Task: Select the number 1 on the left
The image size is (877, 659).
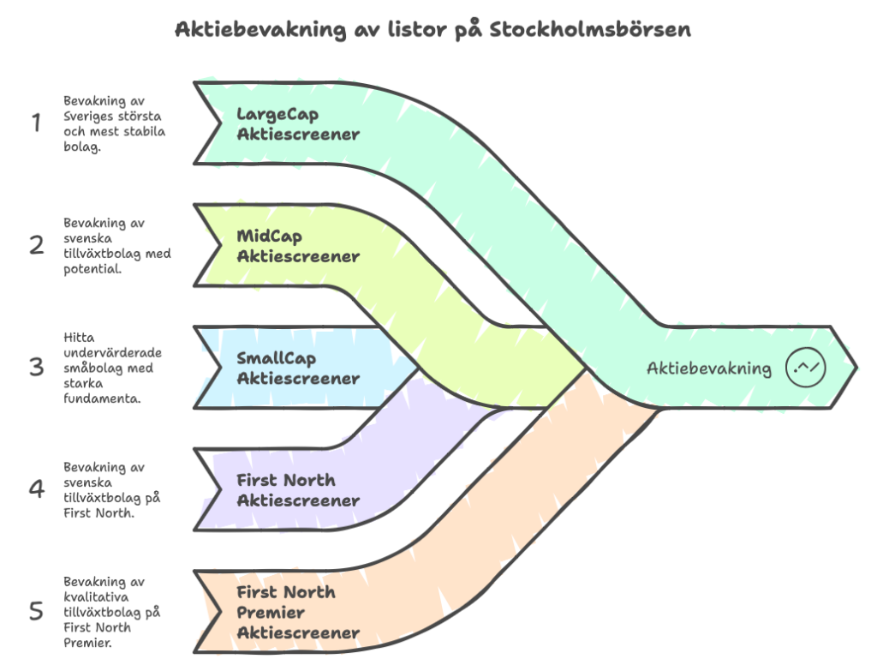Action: click(x=36, y=123)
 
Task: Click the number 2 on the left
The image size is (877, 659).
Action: click(x=36, y=246)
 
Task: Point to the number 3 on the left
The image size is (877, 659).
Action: click(x=36, y=368)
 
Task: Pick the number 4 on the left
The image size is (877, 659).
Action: click(x=36, y=489)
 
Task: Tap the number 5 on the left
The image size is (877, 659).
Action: click(x=36, y=611)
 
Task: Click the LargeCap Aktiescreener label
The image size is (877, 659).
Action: click(x=297, y=124)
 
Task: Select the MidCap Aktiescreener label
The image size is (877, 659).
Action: click(x=297, y=246)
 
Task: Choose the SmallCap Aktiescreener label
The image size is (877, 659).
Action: click(x=297, y=368)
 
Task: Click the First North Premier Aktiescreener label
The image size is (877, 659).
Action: click(x=297, y=612)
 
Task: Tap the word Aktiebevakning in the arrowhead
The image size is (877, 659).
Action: click(x=708, y=368)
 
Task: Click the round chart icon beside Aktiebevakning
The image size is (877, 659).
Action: click(x=805, y=368)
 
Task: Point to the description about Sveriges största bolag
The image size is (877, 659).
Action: click(x=115, y=122)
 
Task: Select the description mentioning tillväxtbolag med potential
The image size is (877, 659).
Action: click(x=116, y=245)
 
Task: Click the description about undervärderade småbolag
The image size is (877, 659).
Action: click(x=114, y=368)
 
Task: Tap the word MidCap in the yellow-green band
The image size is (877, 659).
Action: click(x=269, y=237)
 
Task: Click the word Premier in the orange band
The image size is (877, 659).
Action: click(x=270, y=612)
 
